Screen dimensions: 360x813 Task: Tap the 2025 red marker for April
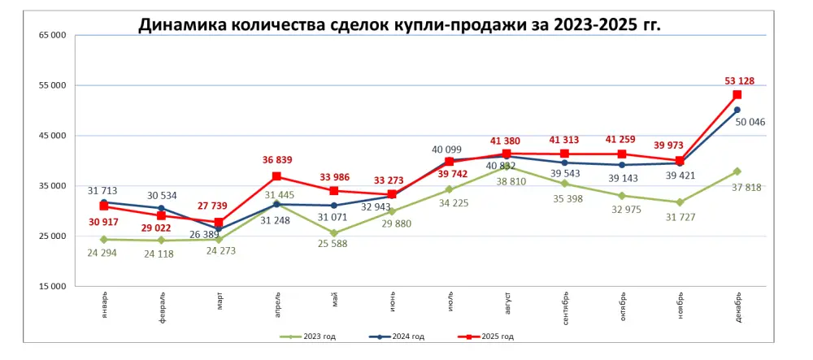pyautogui.click(x=276, y=176)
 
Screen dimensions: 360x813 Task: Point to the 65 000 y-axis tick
pyautogui.click(x=51, y=35)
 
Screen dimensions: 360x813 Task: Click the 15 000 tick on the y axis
pyautogui.click(x=51, y=287)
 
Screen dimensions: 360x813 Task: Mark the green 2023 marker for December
pyautogui.click(x=737, y=171)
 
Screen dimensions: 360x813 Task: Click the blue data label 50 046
pyautogui.click(x=750, y=123)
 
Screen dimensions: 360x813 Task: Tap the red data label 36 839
pyautogui.click(x=276, y=160)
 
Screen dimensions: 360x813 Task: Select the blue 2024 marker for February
pyautogui.click(x=162, y=209)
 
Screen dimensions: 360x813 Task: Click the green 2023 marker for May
pyautogui.click(x=334, y=233)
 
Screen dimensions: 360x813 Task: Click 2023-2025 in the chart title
pyautogui.click(x=597, y=24)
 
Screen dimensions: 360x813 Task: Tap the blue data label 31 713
pyautogui.click(x=102, y=191)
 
